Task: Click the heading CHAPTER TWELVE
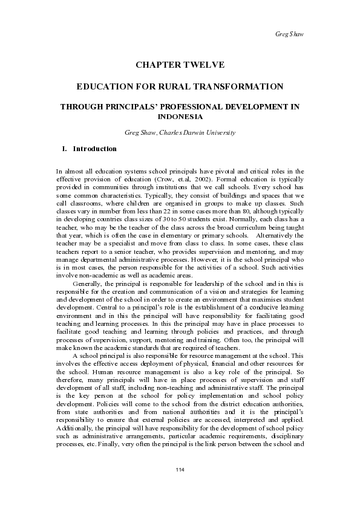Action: click(180, 63)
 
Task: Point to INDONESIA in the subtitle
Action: click(180, 117)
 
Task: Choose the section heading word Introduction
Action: click(94, 148)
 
